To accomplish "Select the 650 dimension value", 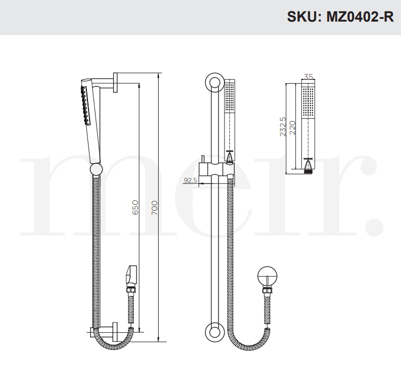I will (x=135, y=207).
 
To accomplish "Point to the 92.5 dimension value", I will (x=190, y=180).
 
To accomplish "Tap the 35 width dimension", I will (x=308, y=77).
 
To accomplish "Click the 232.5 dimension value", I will (x=283, y=126).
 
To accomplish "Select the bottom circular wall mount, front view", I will (x=214, y=332).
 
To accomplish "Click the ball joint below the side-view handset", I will (x=96, y=170).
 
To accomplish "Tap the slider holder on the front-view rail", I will (x=215, y=172).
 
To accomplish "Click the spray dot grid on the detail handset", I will (x=308, y=100).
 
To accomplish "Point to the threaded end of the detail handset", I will (x=308, y=168).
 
